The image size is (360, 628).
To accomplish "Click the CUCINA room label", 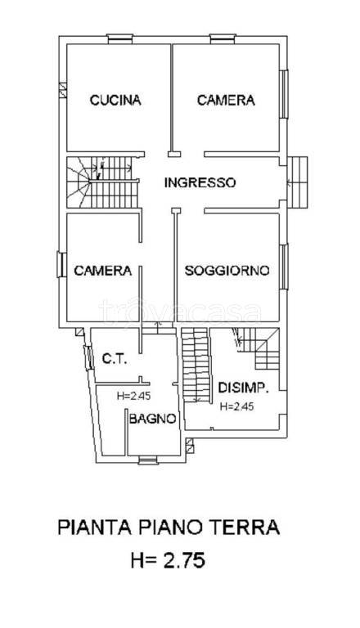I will click(115, 101).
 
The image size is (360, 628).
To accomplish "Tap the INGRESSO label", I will click(200, 183).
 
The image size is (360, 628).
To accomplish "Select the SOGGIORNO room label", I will click(227, 271).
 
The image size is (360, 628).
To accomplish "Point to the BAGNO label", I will click(152, 419).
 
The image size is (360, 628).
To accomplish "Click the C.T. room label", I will click(113, 358).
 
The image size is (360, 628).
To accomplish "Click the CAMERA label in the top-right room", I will click(226, 101).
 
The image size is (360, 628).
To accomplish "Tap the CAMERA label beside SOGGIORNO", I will click(103, 271).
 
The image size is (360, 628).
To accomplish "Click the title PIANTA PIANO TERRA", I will click(169, 527).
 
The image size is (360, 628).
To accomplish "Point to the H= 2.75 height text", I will click(168, 561).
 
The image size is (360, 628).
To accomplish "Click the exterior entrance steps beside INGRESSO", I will click(300, 182).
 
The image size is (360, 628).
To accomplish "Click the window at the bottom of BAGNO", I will click(147, 460).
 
